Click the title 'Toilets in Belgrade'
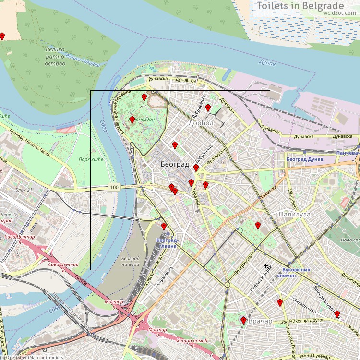307,6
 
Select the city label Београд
174,164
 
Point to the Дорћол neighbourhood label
201,123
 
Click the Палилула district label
294,215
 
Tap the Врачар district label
261,321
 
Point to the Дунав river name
267,63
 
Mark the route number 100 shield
114,187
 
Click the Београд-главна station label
168,242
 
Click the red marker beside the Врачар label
243,320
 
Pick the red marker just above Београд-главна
164,226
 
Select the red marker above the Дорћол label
208,108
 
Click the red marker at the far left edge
2,36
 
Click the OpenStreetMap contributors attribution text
33,357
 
